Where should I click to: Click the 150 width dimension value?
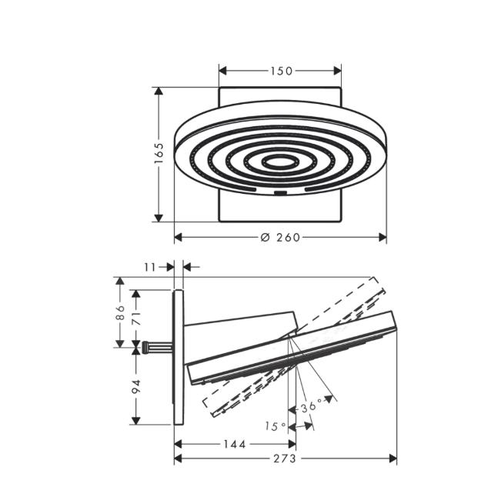[282, 71]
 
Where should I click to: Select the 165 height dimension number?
[159, 153]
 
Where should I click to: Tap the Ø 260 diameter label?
[280, 237]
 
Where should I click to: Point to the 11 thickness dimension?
[150, 267]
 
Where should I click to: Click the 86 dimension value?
[120, 312]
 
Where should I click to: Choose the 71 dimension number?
[136, 318]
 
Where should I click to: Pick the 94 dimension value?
[136, 386]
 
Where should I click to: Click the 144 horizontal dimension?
[235, 444]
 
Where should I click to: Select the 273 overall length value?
[285, 459]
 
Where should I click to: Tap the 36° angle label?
[311, 407]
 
